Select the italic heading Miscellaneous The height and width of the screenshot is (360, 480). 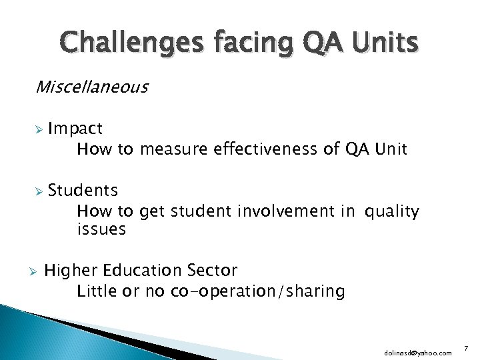tap(92, 87)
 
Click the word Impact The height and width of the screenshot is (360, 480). tap(75, 128)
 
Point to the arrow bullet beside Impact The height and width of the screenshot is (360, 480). tap(39, 129)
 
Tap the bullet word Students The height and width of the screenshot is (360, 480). tap(83, 191)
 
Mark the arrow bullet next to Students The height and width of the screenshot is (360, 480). tap(39, 191)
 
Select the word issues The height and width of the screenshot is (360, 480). tap(101, 229)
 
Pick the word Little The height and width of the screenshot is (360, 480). tap(96, 291)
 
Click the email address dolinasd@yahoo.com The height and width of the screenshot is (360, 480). tap(417, 351)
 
